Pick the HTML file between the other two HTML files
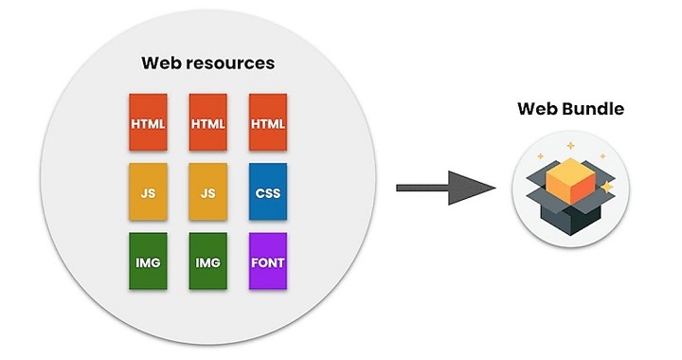coord(208,122)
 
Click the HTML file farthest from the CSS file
coord(149,122)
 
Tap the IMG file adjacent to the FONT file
coord(208,261)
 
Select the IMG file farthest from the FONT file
coord(149,261)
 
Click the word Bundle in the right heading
coord(594,109)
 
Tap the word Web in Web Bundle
coord(538,109)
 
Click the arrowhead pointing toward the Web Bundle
coord(479,187)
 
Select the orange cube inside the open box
coord(569,177)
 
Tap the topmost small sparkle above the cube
coord(571,146)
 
